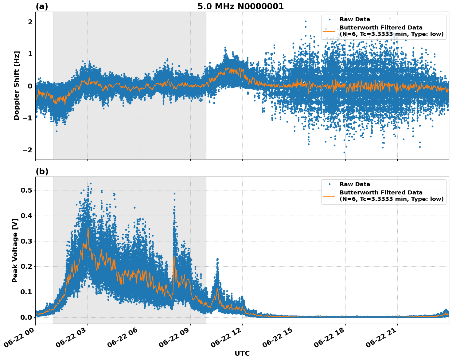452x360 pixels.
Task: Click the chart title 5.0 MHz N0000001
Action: point(240,6)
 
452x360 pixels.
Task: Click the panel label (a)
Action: point(42,6)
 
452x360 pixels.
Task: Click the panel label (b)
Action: point(42,171)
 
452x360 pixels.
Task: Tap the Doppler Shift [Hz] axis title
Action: point(17,85)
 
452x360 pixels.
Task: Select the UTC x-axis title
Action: point(242,353)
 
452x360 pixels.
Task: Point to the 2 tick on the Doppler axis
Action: point(30,22)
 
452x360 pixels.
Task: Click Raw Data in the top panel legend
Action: point(355,19)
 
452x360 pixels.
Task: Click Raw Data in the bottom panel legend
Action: point(355,184)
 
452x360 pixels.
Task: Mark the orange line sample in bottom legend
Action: point(329,196)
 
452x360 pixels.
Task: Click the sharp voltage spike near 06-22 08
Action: point(174,197)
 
